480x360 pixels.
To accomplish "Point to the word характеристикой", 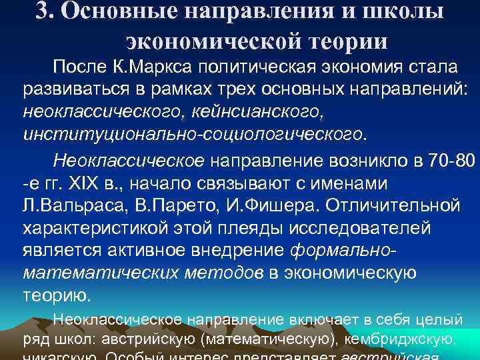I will (x=98, y=229).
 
